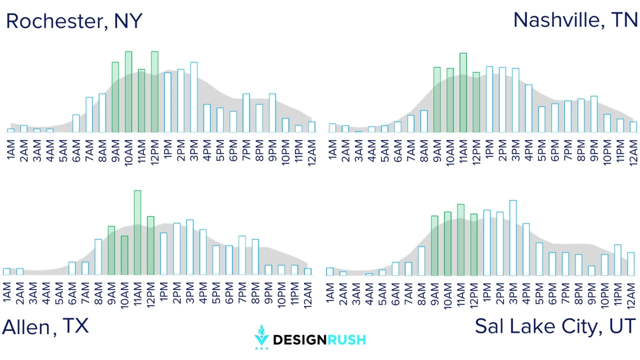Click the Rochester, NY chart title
point(74,21)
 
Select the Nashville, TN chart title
point(575,20)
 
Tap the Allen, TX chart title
point(45,326)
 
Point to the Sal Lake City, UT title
point(555,326)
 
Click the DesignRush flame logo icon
point(261,337)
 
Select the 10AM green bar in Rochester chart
point(128,91)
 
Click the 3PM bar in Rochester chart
point(194,97)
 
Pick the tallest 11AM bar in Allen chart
point(137,232)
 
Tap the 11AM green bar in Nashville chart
point(463,92)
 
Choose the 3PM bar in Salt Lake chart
point(513,237)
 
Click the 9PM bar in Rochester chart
point(272,113)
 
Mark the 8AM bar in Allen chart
point(98,257)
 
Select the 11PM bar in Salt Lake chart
point(617,260)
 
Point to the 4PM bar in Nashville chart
point(528,108)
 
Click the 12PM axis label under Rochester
point(154,152)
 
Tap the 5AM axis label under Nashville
point(385,151)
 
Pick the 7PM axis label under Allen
point(242,293)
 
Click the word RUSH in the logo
point(346,339)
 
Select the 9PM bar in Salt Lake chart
point(591,270)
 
